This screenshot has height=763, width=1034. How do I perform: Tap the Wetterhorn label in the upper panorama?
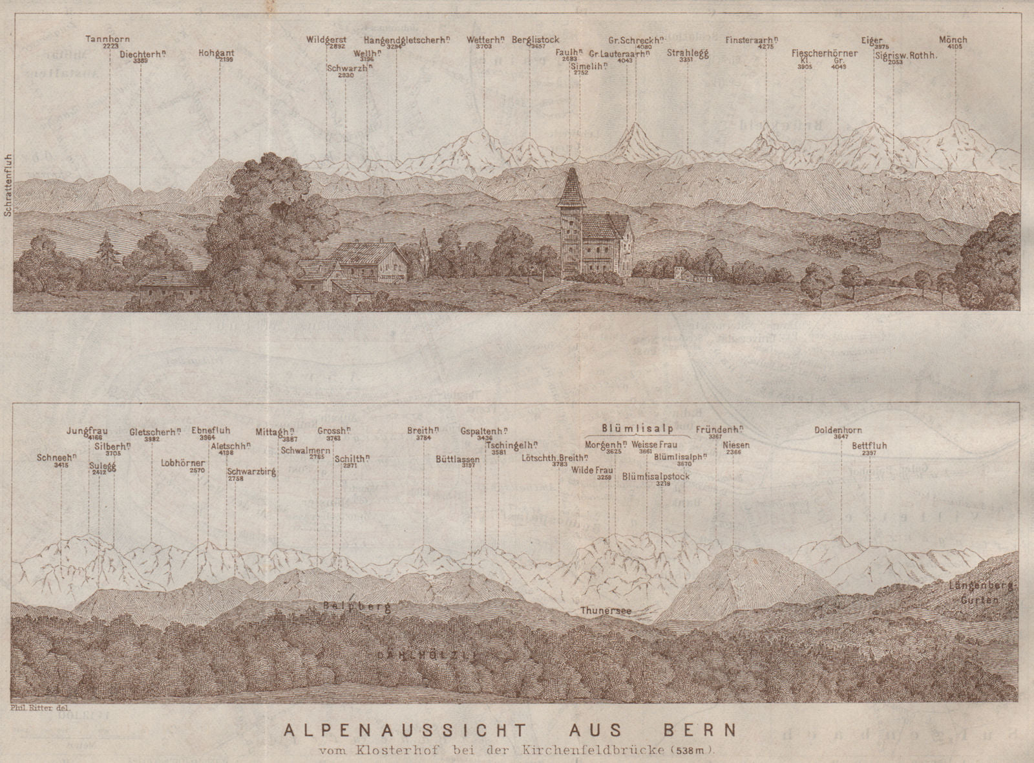click(x=485, y=39)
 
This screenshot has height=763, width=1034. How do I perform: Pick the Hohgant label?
click(x=216, y=54)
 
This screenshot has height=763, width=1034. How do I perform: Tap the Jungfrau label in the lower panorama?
click(x=87, y=431)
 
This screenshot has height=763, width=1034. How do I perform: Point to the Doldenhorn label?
click(x=838, y=430)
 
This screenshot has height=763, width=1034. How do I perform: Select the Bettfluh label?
click(x=869, y=446)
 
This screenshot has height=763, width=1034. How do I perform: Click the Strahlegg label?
click(x=688, y=54)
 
